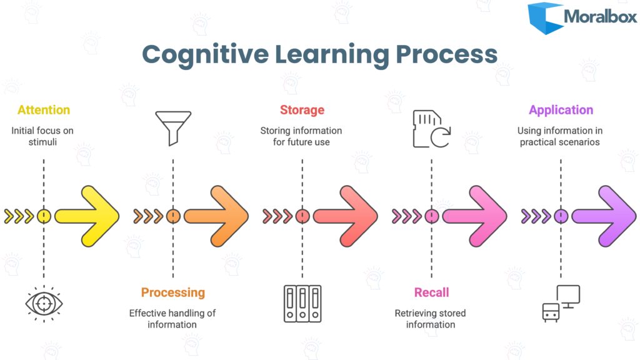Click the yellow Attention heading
tap(44, 110)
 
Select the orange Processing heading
tap(172, 292)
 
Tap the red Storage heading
tap(302, 110)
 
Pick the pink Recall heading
tap(431, 292)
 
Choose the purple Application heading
tap(561, 110)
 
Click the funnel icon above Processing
tap(172, 127)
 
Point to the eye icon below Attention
tap(44, 303)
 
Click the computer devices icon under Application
tap(561, 303)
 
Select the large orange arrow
tap(217, 216)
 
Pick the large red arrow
tap(347, 216)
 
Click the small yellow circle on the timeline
tap(44, 216)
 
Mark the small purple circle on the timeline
tap(561, 216)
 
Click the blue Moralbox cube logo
tap(544, 18)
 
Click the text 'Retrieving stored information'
tap(431, 319)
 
